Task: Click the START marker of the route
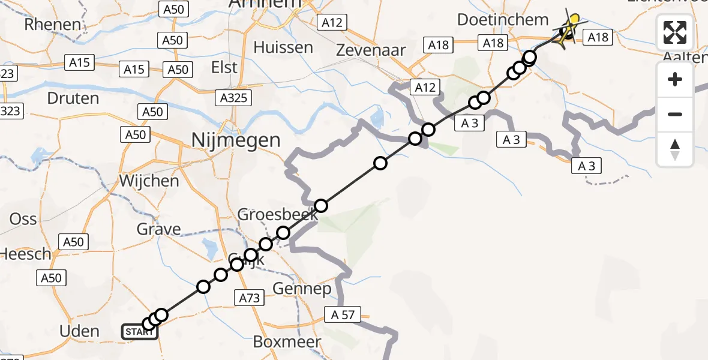click(139, 331)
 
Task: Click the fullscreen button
click(675, 32)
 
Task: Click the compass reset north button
click(675, 149)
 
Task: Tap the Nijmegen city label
click(235, 140)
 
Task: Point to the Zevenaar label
click(371, 50)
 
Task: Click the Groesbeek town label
click(277, 215)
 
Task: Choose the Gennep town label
click(302, 289)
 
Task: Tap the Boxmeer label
click(287, 342)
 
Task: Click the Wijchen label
click(149, 181)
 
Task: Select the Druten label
click(73, 97)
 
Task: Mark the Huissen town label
click(283, 47)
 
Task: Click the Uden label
click(79, 331)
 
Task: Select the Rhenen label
click(53, 25)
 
